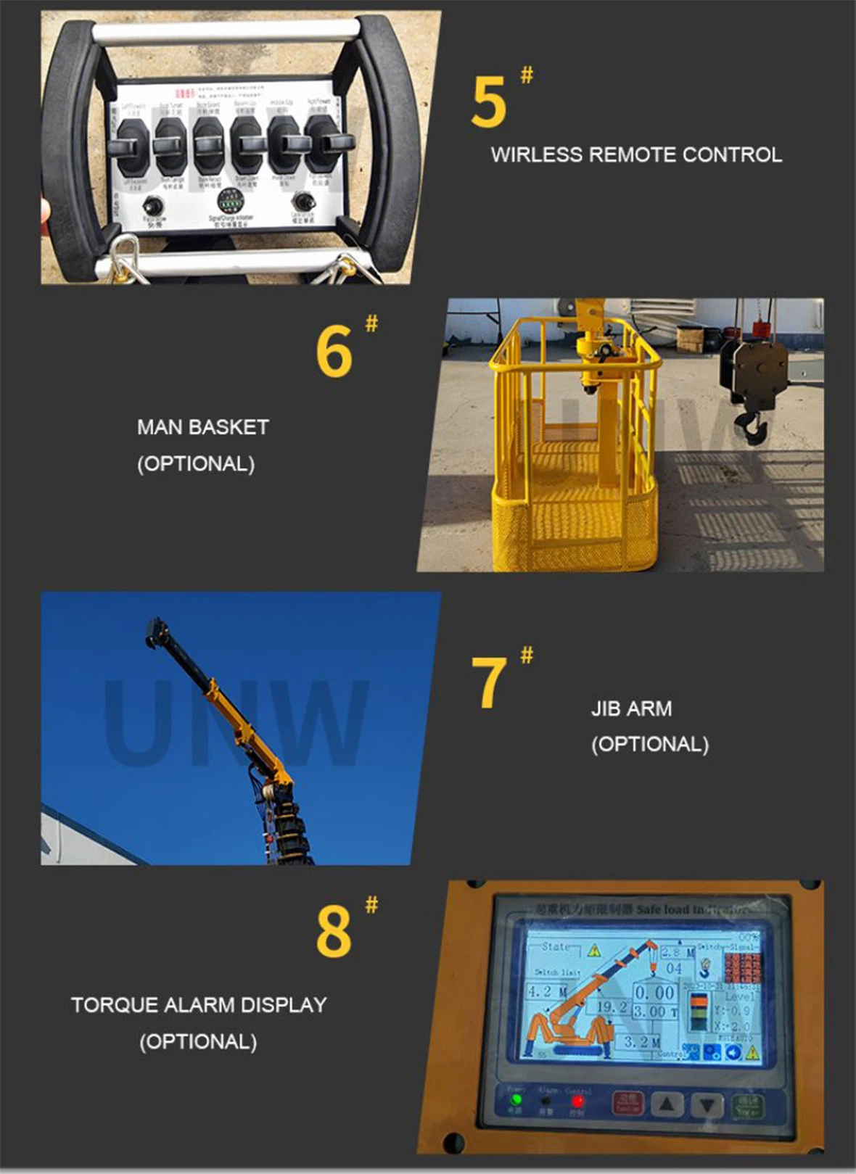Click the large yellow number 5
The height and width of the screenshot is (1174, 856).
487,102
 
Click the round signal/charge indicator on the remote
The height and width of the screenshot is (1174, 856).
231,199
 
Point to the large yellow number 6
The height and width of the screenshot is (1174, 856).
334,351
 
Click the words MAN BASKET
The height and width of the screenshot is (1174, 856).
202,427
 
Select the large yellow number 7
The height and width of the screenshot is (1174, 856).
488,682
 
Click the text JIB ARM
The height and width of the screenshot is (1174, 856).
631,708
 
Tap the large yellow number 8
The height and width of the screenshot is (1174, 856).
334,931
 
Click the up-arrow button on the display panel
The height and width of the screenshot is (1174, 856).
667,1104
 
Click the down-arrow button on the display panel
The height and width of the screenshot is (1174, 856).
705,1105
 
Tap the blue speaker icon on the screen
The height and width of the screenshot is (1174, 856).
733,1052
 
